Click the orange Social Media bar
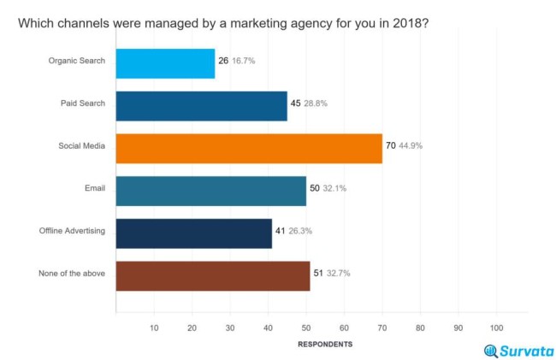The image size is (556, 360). (x=248, y=147)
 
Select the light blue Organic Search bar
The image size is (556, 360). (x=165, y=62)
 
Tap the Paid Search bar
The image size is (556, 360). (x=201, y=104)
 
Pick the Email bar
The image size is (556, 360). (x=210, y=189)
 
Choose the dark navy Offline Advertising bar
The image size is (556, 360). (x=193, y=232)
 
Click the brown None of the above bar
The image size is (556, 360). (x=212, y=274)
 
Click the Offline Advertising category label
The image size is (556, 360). (x=72, y=232)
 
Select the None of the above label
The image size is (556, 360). (x=72, y=274)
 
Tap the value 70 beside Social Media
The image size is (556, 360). (x=391, y=146)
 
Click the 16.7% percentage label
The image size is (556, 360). (x=243, y=62)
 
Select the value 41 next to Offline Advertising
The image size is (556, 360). (x=281, y=232)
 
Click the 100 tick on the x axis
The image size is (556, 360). (x=496, y=328)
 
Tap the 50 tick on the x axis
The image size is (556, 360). (x=305, y=328)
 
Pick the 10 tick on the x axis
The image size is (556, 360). (x=154, y=328)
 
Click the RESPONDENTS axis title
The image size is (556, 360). (x=324, y=344)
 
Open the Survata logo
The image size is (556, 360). (x=518, y=351)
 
